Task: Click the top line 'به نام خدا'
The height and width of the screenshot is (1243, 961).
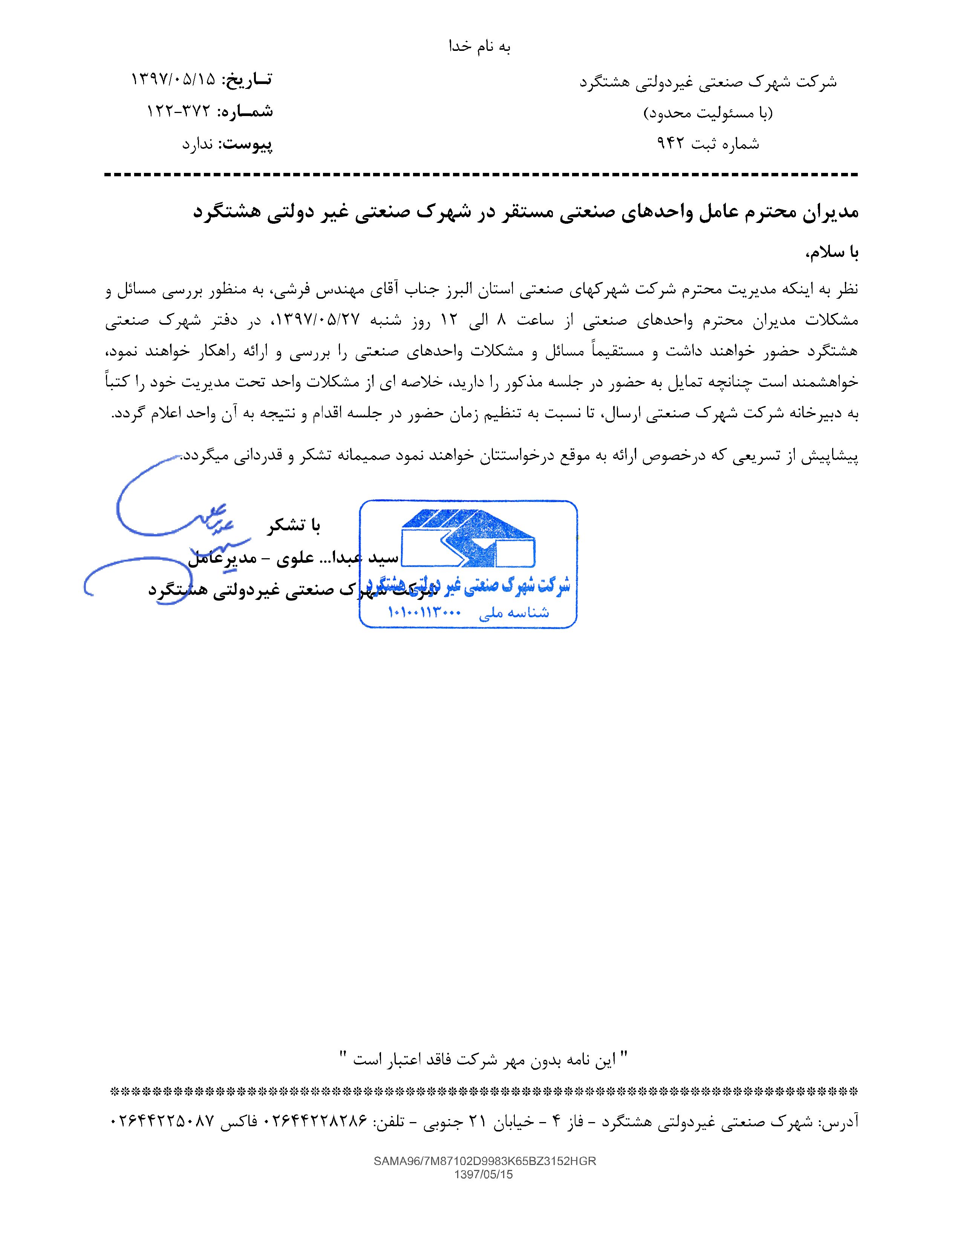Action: tap(480, 47)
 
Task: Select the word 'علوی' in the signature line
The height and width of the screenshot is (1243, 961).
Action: tap(291, 559)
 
